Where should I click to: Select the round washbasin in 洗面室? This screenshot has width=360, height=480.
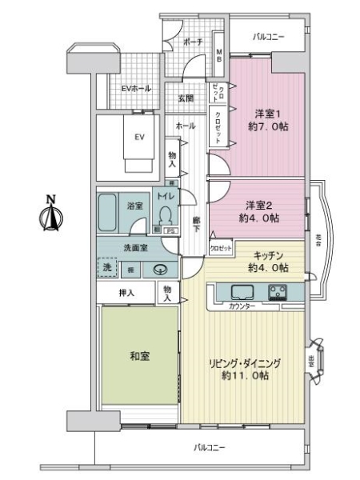point(160,269)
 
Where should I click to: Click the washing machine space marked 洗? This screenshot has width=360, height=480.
point(107,268)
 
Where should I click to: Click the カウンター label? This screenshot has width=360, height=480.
point(242,306)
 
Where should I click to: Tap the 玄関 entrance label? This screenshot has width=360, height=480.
point(185,98)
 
